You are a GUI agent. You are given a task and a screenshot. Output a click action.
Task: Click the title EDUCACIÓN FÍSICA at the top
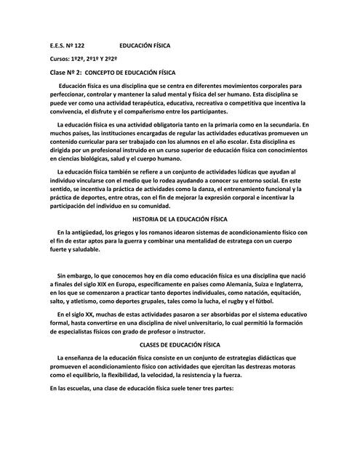click(145, 45)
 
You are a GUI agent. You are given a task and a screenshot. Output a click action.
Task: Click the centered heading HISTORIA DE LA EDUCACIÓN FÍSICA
click(180, 218)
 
